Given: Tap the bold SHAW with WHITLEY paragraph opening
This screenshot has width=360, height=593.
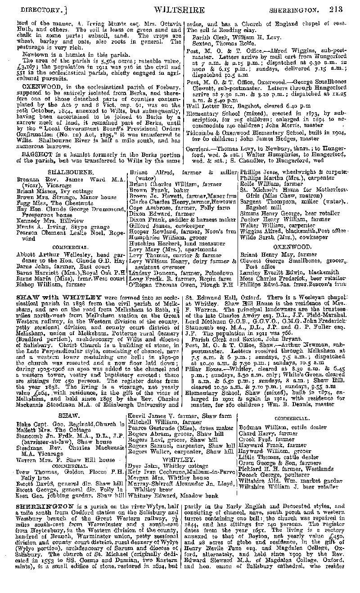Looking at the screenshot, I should [58, 297].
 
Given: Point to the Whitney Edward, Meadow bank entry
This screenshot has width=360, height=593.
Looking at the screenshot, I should [173, 496].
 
